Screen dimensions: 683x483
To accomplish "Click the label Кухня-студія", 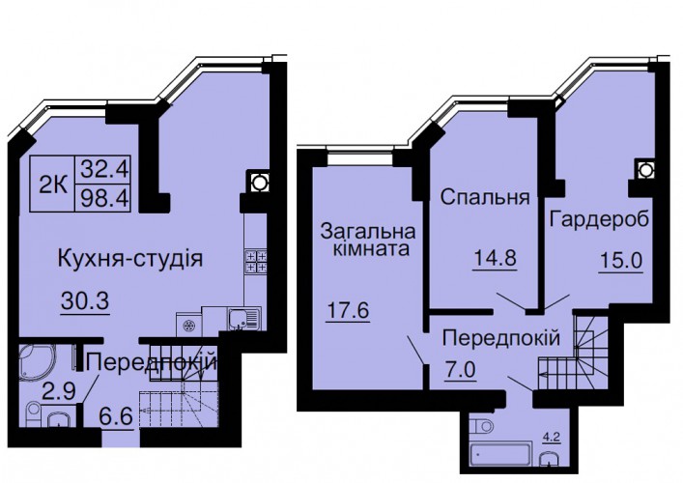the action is [130, 259].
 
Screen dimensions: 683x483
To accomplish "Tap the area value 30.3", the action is [85, 301].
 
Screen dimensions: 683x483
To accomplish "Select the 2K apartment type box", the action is [53, 185].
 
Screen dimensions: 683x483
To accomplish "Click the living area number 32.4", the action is [103, 169].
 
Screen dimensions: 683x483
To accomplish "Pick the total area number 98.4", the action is [103, 198].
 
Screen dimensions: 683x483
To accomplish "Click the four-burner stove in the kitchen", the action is [255, 262].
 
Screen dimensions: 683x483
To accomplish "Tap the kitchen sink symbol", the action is [243, 319].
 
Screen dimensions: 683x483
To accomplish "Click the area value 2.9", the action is [59, 391].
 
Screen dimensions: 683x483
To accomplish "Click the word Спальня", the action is [485, 197].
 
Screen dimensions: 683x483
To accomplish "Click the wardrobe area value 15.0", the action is [621, 261].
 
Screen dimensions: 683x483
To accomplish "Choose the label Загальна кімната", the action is [368, 240].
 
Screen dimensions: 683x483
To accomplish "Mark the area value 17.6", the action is [348, 310].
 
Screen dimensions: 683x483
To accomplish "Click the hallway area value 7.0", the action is [460, 371].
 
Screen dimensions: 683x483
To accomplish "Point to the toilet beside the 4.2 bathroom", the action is [480, 426].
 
